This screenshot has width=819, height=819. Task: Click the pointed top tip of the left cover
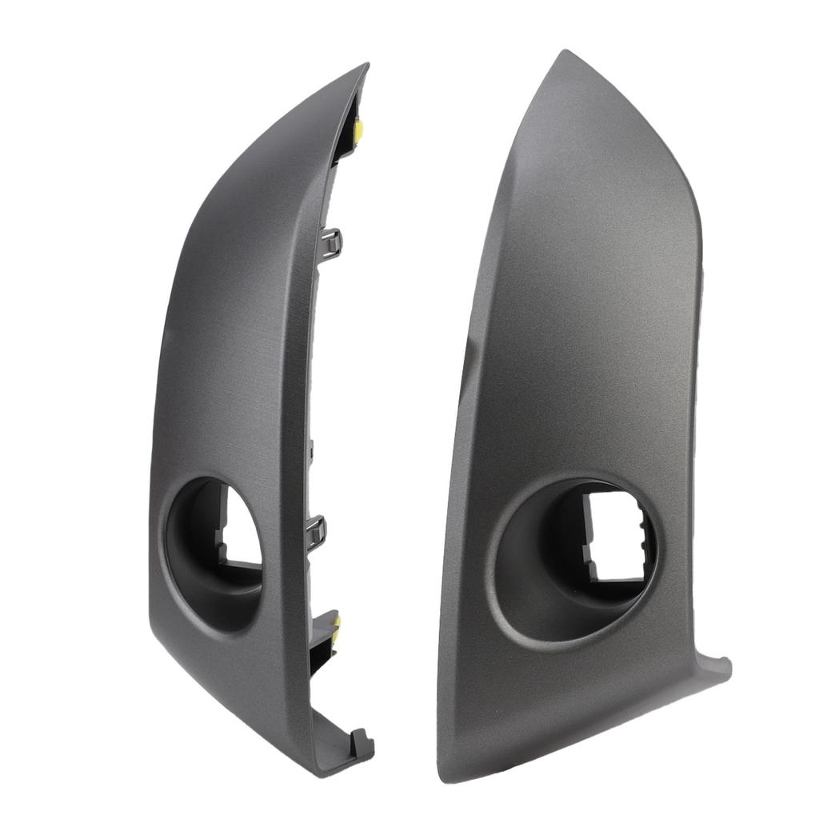point(365,67)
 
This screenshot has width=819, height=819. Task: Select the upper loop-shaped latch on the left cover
point(332,242)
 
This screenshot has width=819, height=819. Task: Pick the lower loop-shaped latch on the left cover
point(317,530)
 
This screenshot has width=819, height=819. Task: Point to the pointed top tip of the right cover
point(565,54)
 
